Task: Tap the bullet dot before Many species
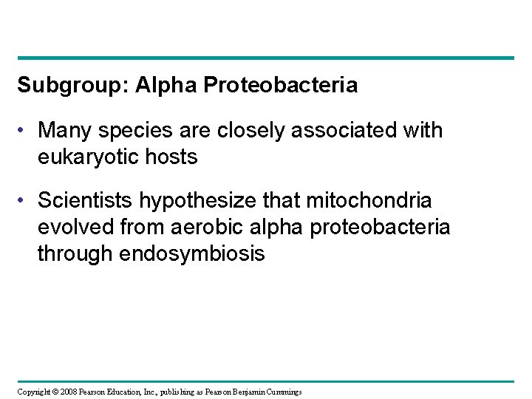click(24, 131)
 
